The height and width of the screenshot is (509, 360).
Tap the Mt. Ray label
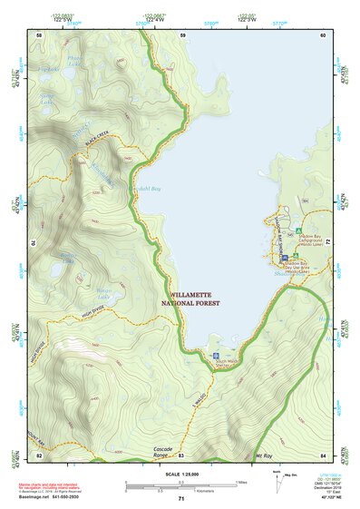(263, 459)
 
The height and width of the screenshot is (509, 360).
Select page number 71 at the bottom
(180, 500)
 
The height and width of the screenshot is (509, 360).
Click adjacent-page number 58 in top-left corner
(39, 35)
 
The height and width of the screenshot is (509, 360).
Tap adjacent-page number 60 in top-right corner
(322, 35)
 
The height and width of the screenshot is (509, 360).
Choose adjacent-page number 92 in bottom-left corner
(39, 455)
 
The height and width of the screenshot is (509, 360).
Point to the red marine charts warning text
(54, 488)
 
